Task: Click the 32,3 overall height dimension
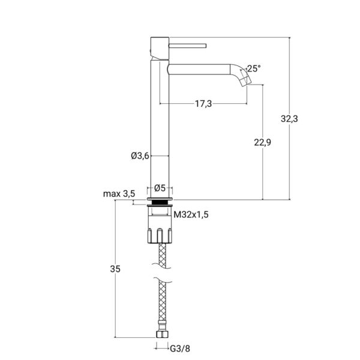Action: point(289,119)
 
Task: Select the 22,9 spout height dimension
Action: point(262,142)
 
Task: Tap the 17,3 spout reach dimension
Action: point(203,104)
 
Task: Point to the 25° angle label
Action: point(254,68)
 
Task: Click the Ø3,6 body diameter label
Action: point(140,156)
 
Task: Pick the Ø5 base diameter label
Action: point(160,188)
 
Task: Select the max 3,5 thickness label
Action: point(119,194)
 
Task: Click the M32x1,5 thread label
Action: point(191,215)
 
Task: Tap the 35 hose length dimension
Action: point(115,269)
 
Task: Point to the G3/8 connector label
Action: point(180,349)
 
